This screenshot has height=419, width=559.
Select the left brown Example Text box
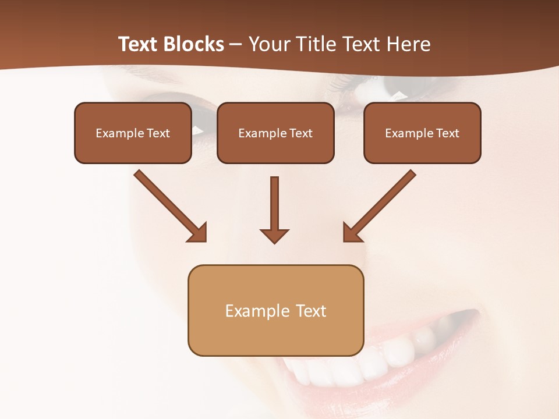pyautogui.click(x=133, y=133)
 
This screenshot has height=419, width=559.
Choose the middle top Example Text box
pyautogui.click(x=275, y=133)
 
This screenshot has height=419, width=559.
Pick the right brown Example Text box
pyautogui.click(x=422, y=133)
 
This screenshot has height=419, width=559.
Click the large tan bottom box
pyautogui.click(x=275, y=310)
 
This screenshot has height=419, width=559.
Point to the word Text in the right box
pyautogui.click(x=448, y=133)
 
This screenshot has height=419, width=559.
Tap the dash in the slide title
pyautogui.click(x=236, y=44)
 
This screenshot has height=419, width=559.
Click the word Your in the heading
pyautogui.click(x=267, y=44)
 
